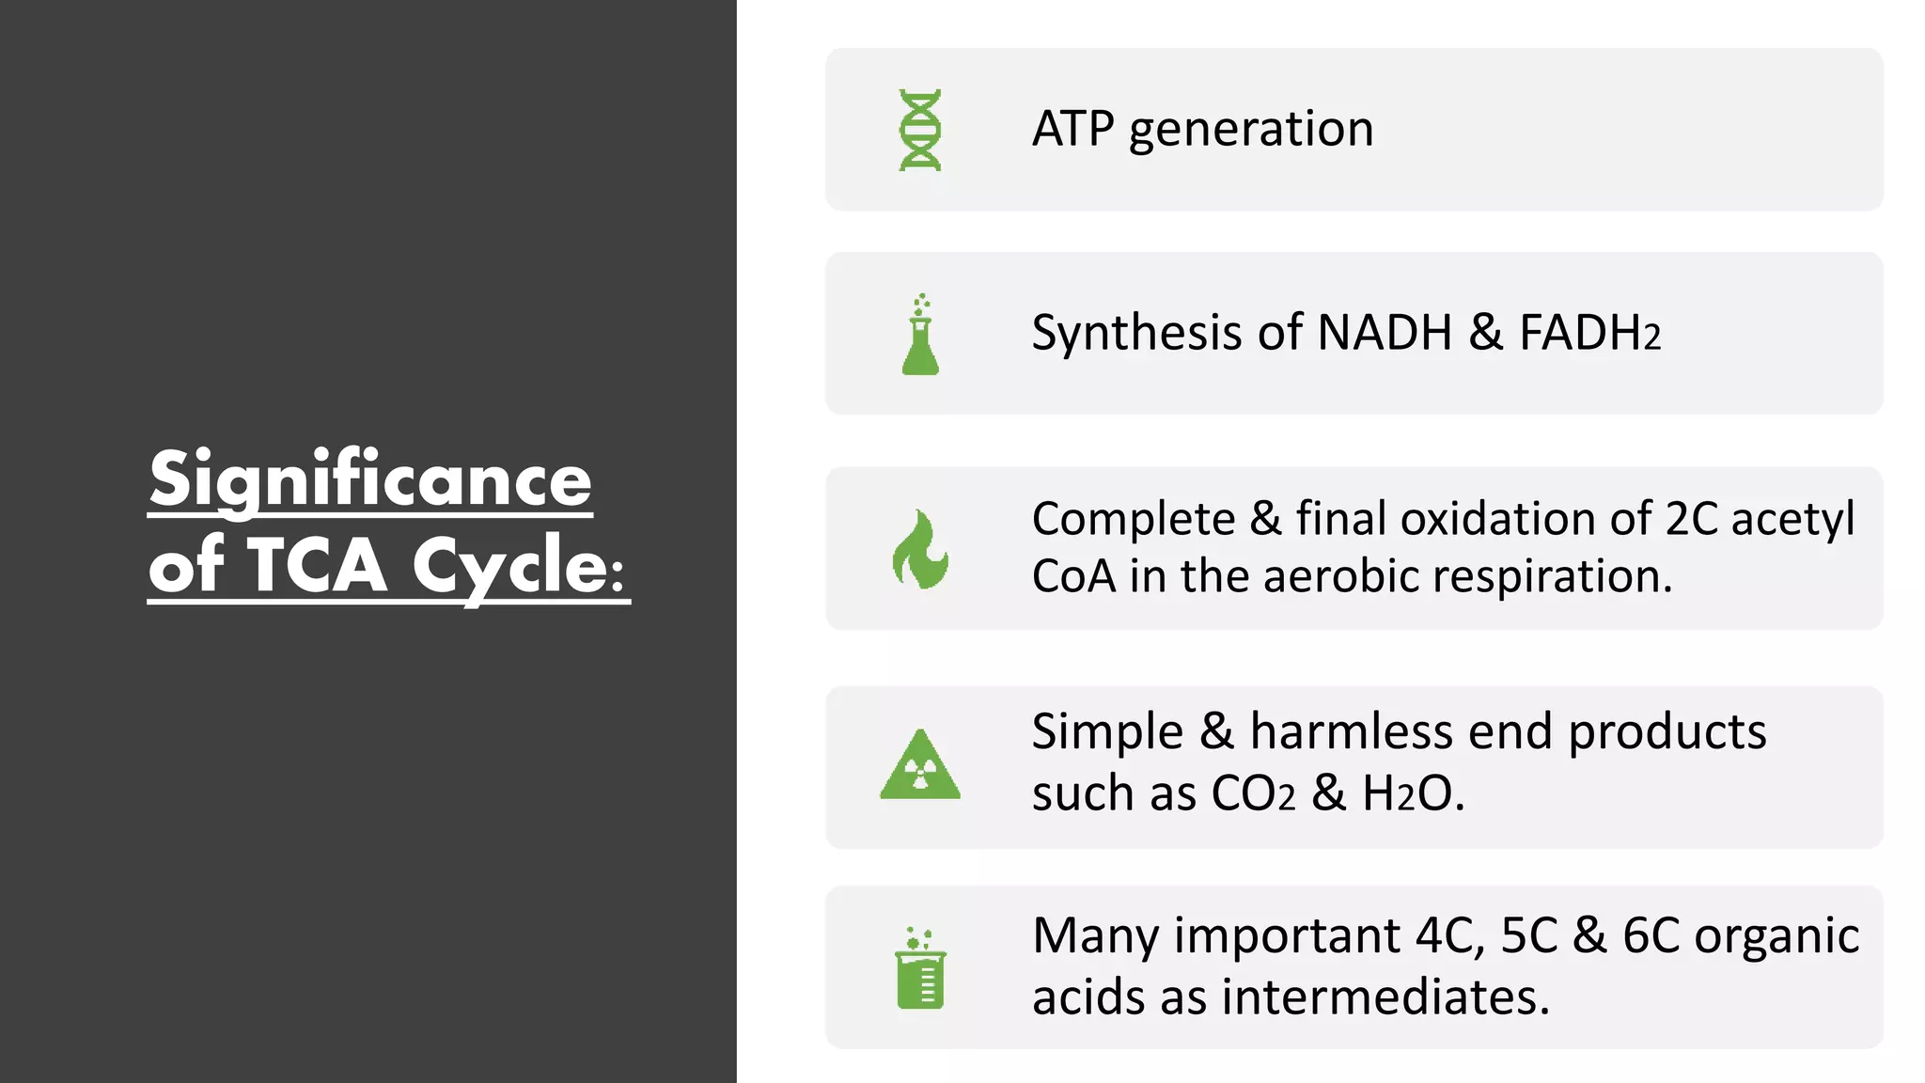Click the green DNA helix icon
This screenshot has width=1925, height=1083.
tap(920, 131)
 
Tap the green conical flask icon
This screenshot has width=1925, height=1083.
tap(920, 336)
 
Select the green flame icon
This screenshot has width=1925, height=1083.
tap(920, 550)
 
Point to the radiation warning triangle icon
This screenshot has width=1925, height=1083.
tap(920, 766)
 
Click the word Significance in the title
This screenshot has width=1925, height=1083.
tap(370, 480)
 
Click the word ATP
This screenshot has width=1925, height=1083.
tap(1072, 129)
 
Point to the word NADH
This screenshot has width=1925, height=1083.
tap(1385, 333)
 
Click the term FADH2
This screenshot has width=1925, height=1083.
tap(1589, 334)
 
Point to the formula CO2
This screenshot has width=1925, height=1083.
tap(1253, 793)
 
